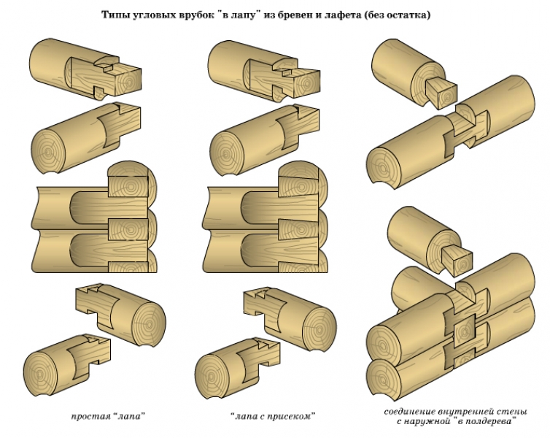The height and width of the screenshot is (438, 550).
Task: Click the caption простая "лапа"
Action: [x=108, y=417]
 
